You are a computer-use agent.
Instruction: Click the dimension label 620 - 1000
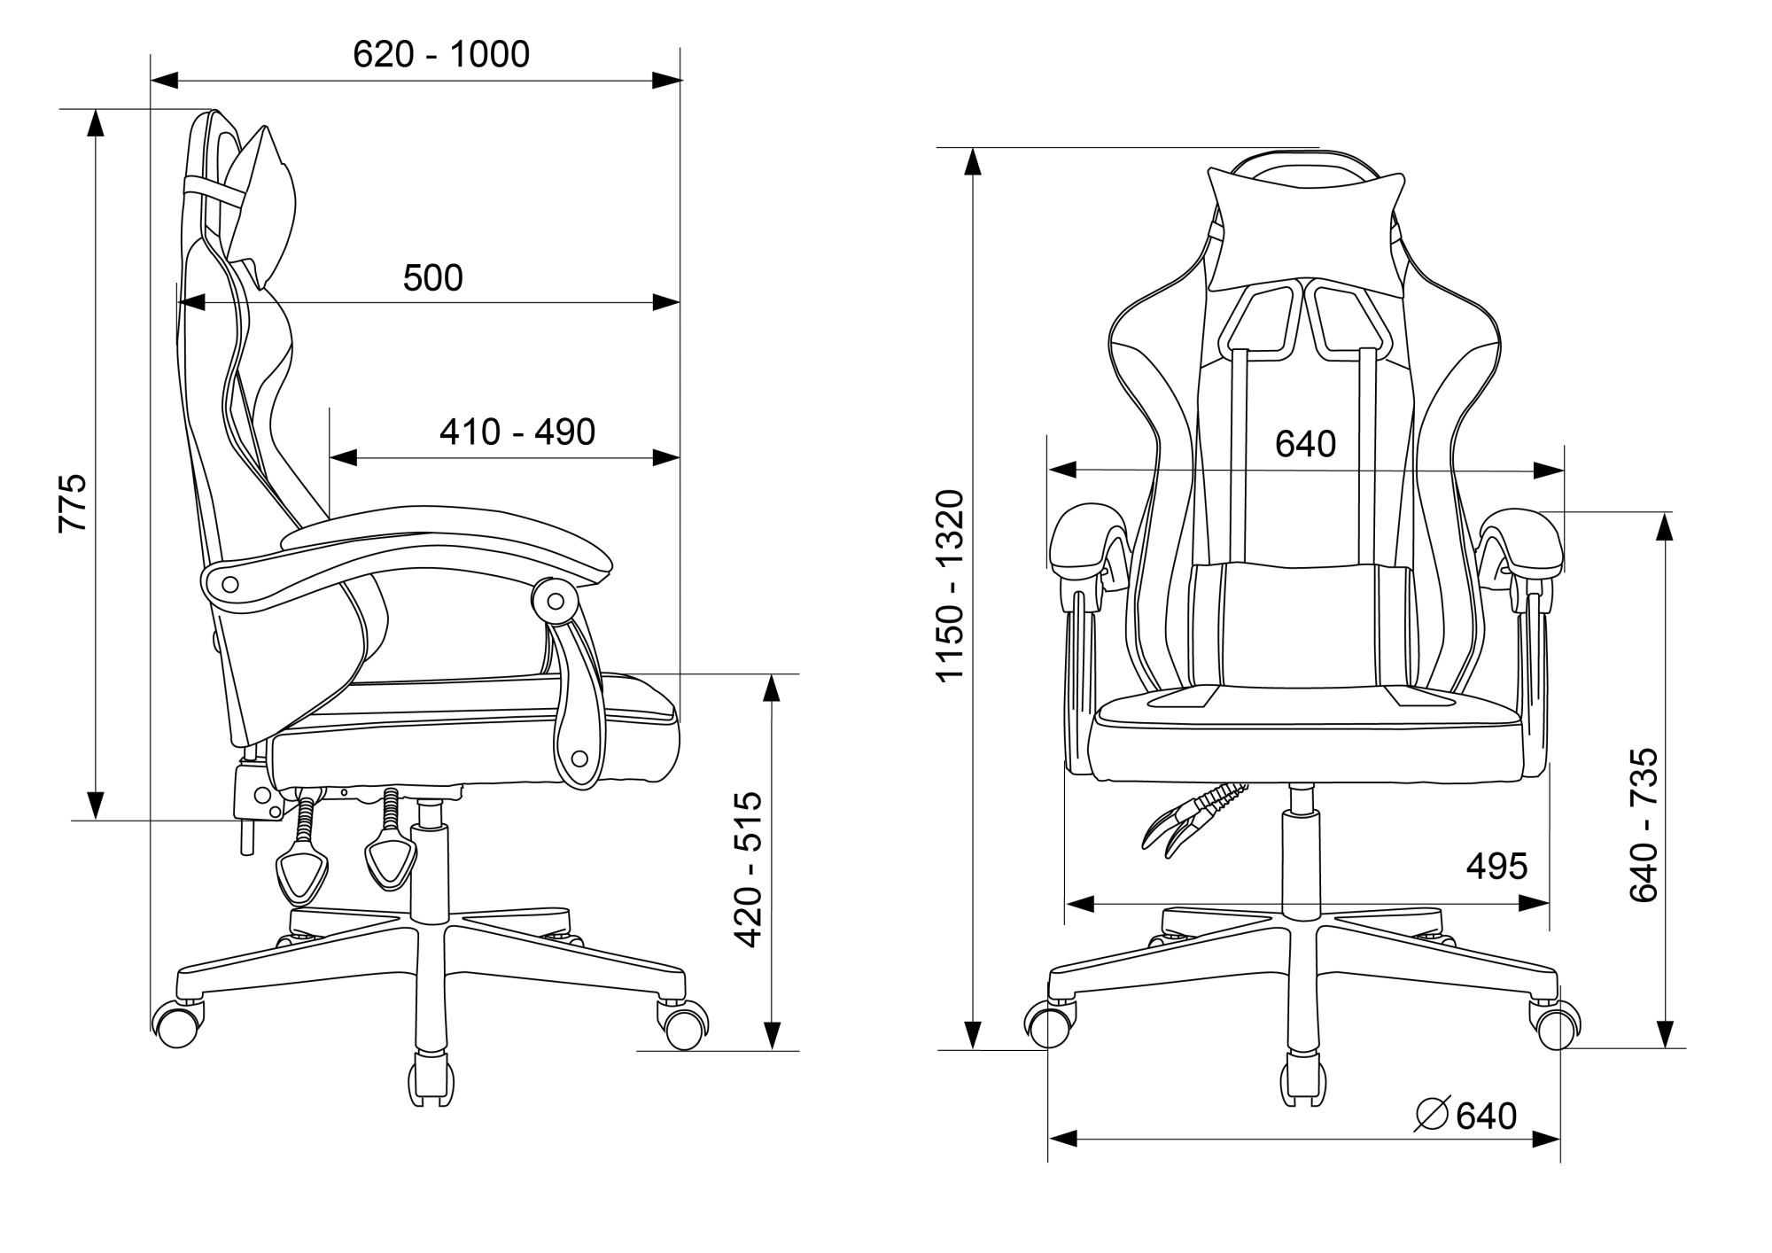(x=441, y=55)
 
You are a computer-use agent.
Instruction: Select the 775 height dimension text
(x=74, y=502)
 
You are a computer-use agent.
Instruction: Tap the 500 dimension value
(x=432, y=278)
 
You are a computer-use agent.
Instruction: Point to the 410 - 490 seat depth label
(x=517, y=432)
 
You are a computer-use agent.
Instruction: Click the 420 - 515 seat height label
(x=750, y=869)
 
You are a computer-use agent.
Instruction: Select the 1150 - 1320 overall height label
(x=950, y=585)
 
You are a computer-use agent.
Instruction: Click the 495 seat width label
(x=1496, y=867)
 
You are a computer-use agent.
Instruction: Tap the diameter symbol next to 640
(x=1432, y=1115)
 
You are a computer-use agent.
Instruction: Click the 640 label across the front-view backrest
(x=1305, y=444)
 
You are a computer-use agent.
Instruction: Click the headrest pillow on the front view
(x=1306, y=229)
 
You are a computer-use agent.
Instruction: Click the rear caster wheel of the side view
(x=177, y=1026)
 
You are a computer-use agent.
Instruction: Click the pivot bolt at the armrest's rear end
(x=229, y=584)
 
